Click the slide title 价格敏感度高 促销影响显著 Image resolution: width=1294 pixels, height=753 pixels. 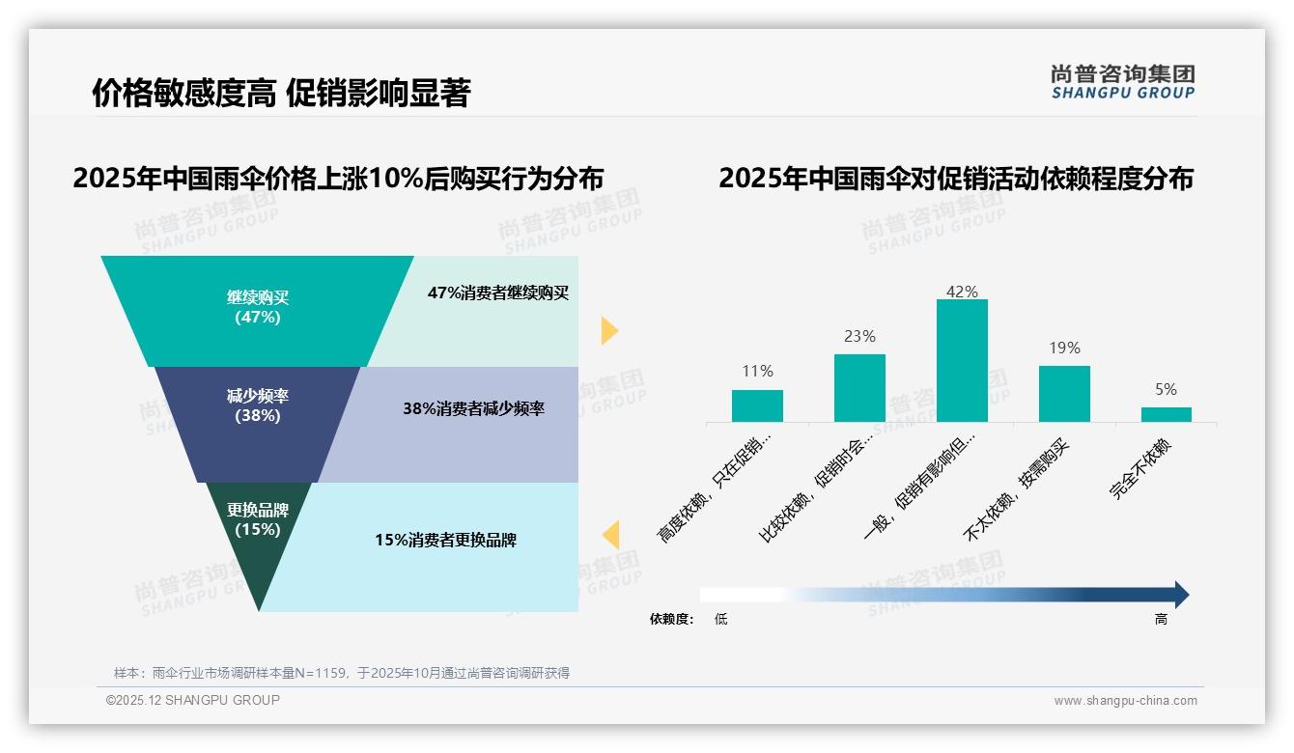[281, 94]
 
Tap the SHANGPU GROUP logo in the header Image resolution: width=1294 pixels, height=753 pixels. [1123, 82]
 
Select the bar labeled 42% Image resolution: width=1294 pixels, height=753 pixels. [962, 360]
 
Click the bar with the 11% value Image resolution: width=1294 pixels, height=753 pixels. [757, 405]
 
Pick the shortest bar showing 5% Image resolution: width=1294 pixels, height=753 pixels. [1166, 414]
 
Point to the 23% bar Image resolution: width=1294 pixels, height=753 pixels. [859, 387]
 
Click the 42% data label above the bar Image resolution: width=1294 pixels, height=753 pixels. [962, 292]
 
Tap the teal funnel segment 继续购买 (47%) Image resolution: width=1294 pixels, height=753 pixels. [257, 307]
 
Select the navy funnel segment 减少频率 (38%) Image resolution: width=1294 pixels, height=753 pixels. [257, 406]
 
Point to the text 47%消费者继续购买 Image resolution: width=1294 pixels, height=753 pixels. [498, 293]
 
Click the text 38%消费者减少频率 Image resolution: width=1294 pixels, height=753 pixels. [473, 408]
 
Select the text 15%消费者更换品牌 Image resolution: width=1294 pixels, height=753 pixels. [445, 540]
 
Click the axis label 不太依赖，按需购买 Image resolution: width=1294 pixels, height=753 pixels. [1018, 489]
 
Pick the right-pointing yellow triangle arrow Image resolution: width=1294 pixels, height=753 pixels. [608, 330]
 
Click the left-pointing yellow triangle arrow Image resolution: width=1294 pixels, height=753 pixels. [610, 534]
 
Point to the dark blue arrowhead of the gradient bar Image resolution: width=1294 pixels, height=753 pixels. [1180, 595]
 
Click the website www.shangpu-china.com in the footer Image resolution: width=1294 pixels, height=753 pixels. [1125, 701]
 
